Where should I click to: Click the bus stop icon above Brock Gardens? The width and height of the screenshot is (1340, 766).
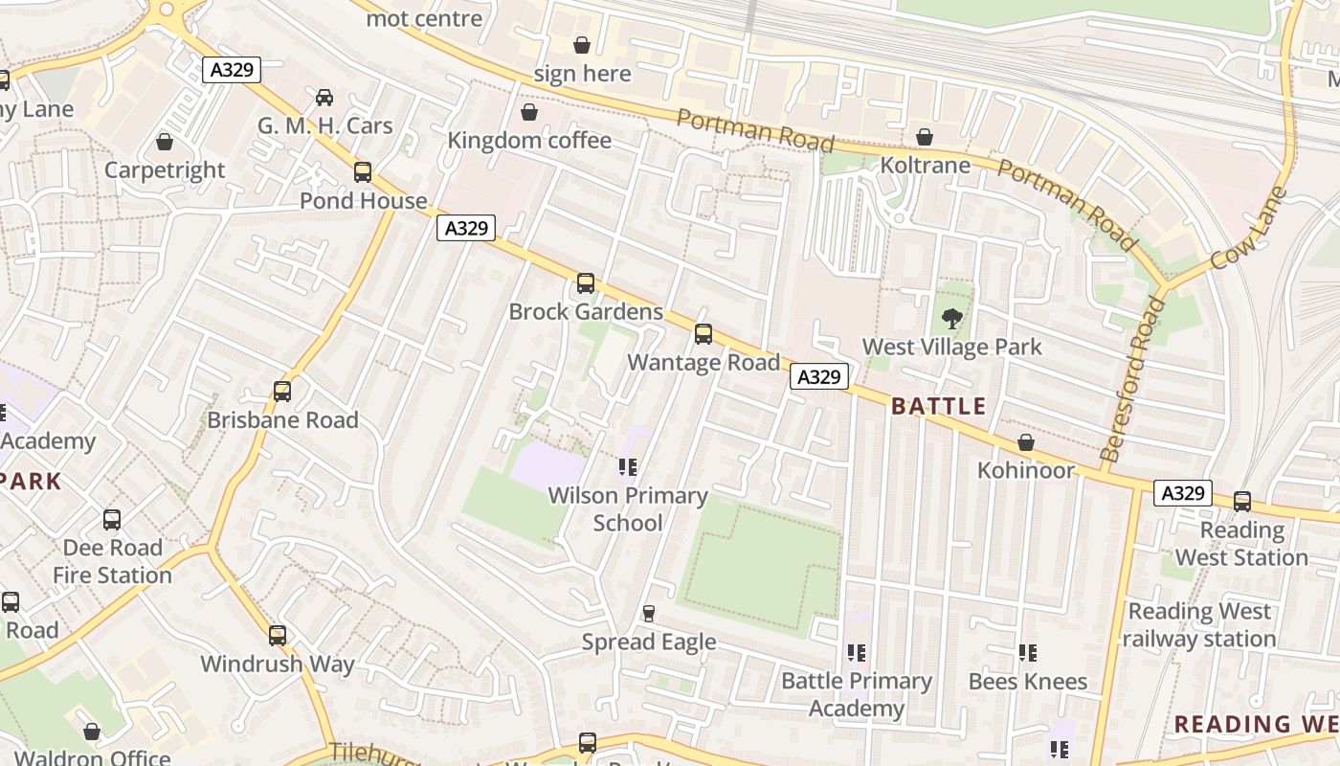pos(585,283)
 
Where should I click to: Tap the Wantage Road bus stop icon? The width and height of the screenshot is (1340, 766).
pos(703,334)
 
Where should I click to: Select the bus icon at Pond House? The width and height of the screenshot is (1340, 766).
pos(363,172)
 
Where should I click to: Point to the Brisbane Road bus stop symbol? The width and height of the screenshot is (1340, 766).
pos(281,392)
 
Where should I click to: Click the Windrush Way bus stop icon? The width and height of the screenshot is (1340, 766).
pos(278,636)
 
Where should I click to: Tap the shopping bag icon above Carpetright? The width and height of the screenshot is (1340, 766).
pos(165,143)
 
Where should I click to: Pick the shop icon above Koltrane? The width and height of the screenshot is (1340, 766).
pos(924,138)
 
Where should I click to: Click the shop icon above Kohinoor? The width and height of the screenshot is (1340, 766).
pos(1025,442)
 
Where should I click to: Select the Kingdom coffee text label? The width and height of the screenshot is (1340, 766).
pos(529,141)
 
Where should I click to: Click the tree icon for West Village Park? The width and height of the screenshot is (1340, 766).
pos(951,318)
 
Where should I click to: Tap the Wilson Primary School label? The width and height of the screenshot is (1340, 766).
pos(628,509)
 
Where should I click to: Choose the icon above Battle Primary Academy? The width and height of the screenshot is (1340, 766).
pos(856,653)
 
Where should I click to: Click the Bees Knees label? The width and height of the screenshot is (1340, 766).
pos(1028,682)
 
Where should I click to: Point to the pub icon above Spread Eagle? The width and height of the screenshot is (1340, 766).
pos(649,614)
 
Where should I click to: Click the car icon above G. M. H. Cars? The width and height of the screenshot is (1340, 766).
pos(324,98)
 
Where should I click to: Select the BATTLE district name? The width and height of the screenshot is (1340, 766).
pos(938,406)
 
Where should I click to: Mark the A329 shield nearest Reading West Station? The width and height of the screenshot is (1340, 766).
pos(1182,493)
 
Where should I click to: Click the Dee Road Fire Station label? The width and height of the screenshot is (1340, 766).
pos(112,562)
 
